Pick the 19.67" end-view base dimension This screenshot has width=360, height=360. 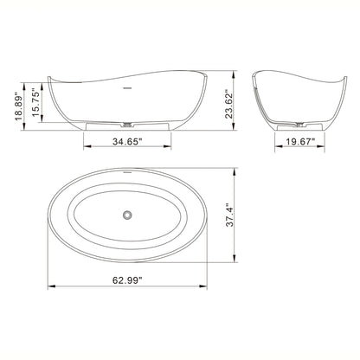tap(294, 138)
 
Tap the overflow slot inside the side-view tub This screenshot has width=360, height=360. tap(128, 87)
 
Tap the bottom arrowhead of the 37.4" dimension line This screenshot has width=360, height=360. tap(241, 257)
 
